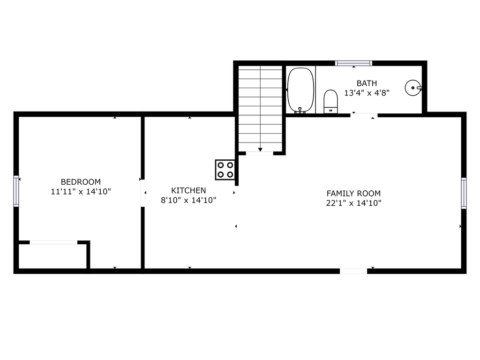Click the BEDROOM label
pos(81,182)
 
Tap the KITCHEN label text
pos(188,190)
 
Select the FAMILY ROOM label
pos(353,194)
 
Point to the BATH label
pos(367,83)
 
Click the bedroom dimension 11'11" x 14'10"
pos(81,192)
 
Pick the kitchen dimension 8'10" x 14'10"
pos(188,200)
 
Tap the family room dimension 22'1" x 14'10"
pos(353,203)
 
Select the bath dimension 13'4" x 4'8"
pos(367,93)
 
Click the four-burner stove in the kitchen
pos(225,170)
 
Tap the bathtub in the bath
pos(300,90)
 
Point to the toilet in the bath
pos(330,102)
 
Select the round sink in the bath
pos(413,88)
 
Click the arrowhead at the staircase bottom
pos(260,150)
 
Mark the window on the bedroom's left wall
pos(16,191)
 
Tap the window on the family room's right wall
pos(464,193)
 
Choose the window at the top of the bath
pos(353,63)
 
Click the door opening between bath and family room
pos(364,115)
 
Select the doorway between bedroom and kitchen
pos(142,193)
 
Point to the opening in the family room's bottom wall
pos(353,271)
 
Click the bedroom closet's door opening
pos(53,242)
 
